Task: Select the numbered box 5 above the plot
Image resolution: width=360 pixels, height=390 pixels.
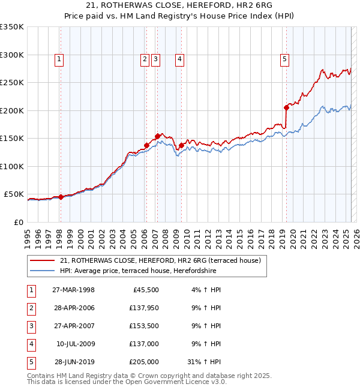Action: click(x=284, y=59)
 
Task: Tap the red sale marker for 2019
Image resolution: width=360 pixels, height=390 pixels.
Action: click(x=286, y=107)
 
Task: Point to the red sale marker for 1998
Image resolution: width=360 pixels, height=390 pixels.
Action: click(x=61, y=197)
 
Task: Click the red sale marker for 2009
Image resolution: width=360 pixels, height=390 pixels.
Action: click(x=181, y=145)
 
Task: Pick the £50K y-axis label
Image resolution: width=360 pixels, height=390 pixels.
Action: click(x=14, y=194)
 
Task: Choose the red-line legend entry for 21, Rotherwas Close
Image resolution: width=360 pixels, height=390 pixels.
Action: click(x=160, y=261)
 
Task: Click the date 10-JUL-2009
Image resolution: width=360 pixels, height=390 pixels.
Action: click(x=75, y=344)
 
